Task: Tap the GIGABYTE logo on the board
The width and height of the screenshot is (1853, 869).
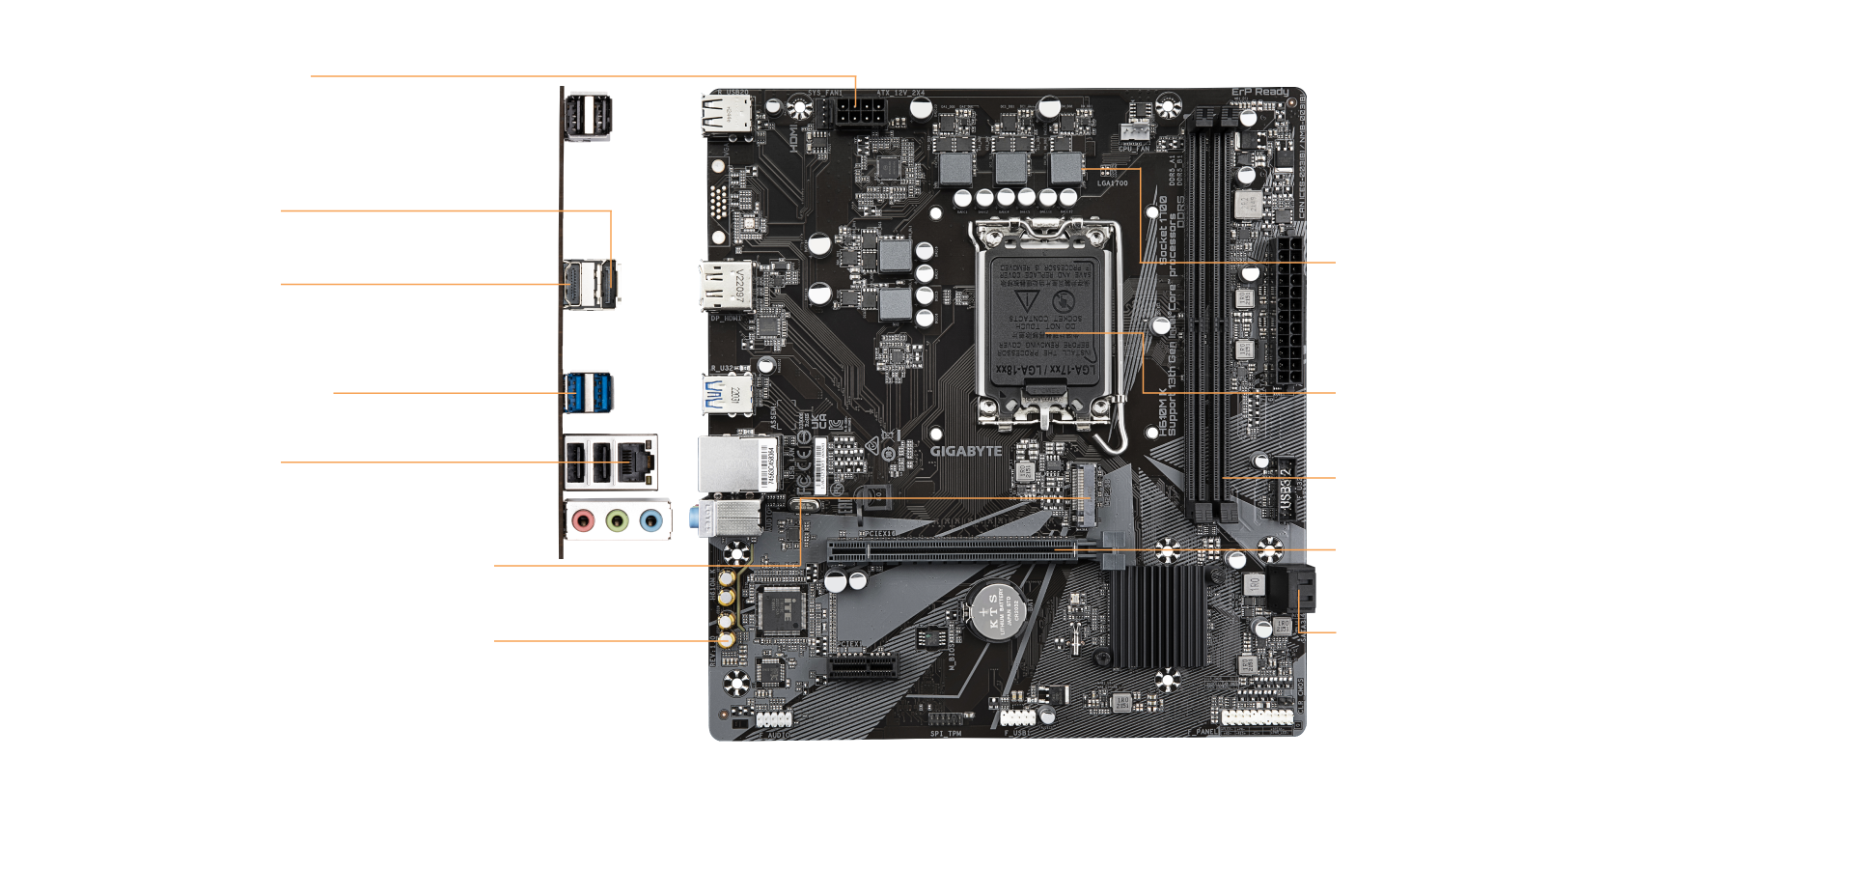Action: click(x=965, y=451)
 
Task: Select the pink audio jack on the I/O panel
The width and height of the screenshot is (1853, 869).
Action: click(x=582, y=522)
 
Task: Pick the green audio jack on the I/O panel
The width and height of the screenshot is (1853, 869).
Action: click(x=618, y=522)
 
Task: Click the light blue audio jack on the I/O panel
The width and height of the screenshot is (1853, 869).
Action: click(x=652, y=522)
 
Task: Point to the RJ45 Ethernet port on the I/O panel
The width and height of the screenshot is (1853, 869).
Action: click(x=638, y=461)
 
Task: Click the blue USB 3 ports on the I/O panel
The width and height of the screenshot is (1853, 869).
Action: click(x=589, y=391)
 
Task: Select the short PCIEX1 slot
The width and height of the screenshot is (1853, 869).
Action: click(x=861, y=666)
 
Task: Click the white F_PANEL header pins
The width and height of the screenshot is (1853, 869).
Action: click(x=1257, y=717)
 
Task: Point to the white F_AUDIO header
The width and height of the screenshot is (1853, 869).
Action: click(x=774, y=720)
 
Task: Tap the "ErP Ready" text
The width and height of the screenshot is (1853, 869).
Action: click(x=1259, y=93)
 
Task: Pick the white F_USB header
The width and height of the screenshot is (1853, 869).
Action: click(x=1016, y=717)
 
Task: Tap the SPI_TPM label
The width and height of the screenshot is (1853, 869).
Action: click(x=946, y=734)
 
